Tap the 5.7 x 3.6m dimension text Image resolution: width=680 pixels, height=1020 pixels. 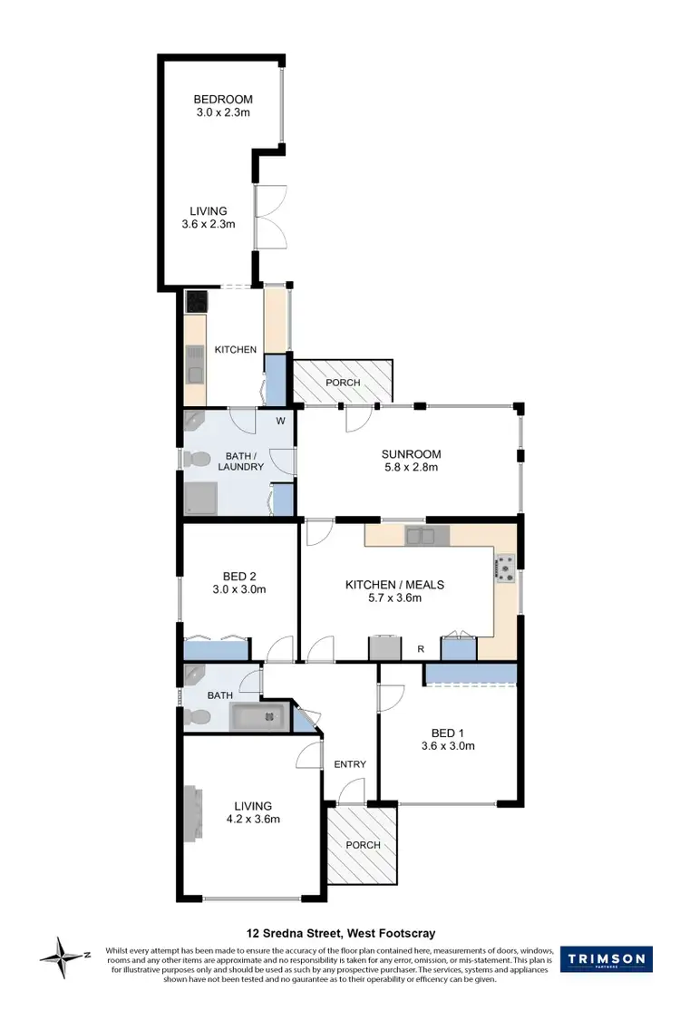tap(393, 598)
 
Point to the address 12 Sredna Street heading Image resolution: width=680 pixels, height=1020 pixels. tap(341, 933)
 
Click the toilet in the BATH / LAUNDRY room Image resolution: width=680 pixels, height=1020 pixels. tap(193, 461)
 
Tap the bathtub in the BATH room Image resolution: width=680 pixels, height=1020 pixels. tap(257, 717)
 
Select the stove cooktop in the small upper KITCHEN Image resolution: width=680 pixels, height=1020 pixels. tap(197, 301)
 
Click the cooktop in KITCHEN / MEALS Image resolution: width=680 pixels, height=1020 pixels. tap(503, 568)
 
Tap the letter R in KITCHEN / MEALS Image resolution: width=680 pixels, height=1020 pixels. tap(421, 649)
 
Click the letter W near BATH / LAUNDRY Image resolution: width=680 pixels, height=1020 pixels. tap(280, 420)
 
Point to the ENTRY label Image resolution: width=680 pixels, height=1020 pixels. tap(349, 764)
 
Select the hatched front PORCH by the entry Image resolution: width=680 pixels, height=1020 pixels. tap(362, 845)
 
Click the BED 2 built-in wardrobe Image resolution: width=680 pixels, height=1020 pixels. tap(216, 648)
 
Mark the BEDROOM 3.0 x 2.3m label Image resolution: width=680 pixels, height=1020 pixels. tap(222, 100)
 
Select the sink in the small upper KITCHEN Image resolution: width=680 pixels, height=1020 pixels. tap(195, 363)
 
